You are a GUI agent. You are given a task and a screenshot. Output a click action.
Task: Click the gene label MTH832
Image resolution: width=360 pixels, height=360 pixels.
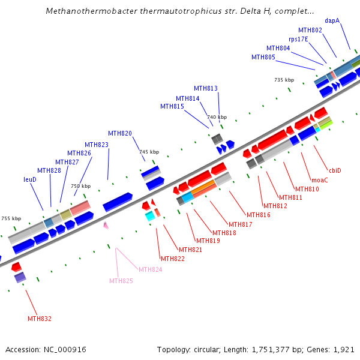click(40, 319)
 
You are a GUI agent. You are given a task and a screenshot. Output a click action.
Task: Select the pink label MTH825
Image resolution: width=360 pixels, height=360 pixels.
click(121, 281)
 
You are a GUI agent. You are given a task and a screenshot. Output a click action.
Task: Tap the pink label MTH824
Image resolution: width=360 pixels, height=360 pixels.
click(151, 269)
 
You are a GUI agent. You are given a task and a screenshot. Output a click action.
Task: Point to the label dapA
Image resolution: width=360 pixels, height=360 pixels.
click(332, 20)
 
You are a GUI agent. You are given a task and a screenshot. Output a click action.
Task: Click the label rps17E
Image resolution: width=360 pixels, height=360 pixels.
click(298, 39)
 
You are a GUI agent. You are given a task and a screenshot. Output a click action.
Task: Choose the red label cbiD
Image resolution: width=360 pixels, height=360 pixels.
click(335, 170)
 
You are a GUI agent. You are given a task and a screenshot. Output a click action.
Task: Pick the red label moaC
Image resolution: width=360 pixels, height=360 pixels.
click(320, 180)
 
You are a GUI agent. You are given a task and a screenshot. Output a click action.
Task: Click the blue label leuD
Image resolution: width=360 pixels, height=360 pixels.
click(30, 179)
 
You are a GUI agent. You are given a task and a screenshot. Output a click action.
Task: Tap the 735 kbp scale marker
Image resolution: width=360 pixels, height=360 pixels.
click(284, 80)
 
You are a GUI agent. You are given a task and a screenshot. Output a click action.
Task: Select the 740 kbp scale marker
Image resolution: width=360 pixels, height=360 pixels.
click(217, 117)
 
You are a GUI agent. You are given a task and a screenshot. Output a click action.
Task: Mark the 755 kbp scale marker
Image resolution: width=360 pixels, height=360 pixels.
click(11, 218)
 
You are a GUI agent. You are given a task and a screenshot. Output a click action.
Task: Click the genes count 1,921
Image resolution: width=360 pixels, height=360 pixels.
click(344, 349)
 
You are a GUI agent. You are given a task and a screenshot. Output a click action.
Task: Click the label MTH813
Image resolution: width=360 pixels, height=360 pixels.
click(206, 88)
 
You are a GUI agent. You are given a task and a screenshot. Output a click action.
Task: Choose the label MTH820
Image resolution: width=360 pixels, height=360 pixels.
click(120, 133)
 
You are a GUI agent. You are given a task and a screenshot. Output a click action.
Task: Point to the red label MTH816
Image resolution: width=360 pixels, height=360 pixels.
click(259, 215)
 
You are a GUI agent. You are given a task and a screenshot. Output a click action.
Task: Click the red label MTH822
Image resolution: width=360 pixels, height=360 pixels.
click(173, 259)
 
